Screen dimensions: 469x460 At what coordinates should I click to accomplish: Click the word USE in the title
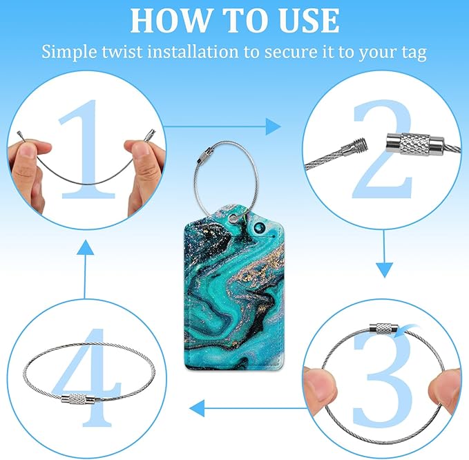coord(309,20)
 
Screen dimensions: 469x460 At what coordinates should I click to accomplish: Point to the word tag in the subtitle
coord(414,52)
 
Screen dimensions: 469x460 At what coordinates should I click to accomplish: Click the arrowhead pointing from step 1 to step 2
coord(274,126)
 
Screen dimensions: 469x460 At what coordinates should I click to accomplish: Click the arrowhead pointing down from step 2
coord(384,270)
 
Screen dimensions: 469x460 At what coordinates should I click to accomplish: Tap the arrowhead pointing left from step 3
coord(197,408)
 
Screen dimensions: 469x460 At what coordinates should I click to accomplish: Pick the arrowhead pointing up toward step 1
coord(85,247)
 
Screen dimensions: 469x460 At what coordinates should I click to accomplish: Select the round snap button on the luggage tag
coord(258,229)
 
